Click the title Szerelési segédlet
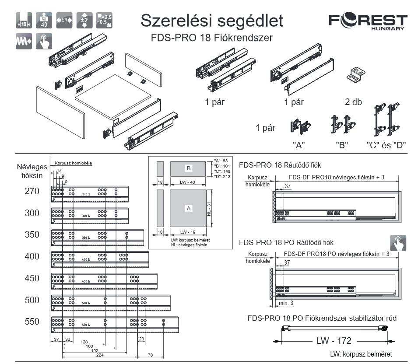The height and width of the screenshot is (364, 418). [212, 20]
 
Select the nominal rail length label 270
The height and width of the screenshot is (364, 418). [32, 191]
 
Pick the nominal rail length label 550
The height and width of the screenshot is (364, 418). [32, 322]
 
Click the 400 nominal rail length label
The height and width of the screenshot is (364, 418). [32, 256]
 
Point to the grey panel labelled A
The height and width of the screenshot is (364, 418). [189, 209]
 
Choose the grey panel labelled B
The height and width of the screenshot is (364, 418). [188, 168]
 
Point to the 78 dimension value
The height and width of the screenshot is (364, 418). [150, 355]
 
